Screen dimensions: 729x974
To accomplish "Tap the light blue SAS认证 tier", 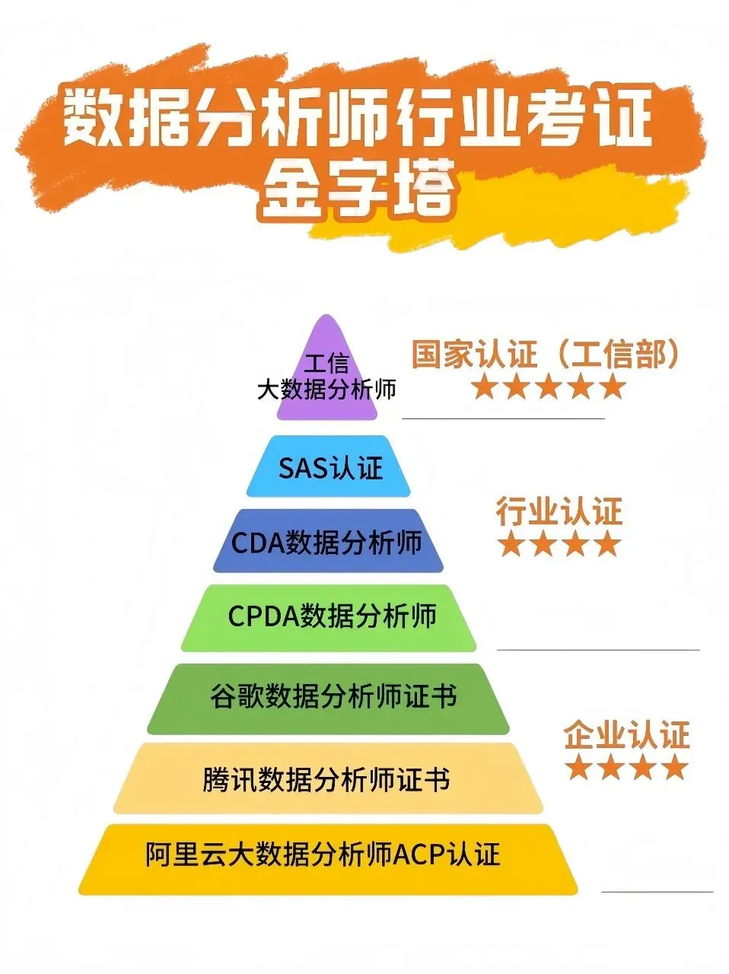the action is pyautogui.click(x=328, y=466).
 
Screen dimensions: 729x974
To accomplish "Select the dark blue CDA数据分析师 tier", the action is pyautogui.click(x=328, y=542).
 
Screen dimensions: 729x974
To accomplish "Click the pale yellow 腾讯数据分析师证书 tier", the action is pyautogui.click(x=328, y=779).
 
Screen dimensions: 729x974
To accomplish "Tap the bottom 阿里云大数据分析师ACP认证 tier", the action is pyautogui.click(x=328, y=857).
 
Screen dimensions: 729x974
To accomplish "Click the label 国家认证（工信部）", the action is pyautogui.click(x=544, y=355).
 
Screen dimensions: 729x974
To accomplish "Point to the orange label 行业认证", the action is pyautogui.click(x=559, y=511).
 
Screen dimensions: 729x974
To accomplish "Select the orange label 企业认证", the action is pyautogui.click(x=626, y=736).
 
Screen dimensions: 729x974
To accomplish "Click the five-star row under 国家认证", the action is pyautogui.click(x=547, y=388).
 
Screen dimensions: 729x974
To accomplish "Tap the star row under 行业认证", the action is pyautogui.click(x=559, y=545).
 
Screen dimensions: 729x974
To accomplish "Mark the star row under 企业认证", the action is pyautogui.click(x=626, y=768).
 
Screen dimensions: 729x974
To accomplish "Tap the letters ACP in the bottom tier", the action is pyautogui.click(x=419, y=855).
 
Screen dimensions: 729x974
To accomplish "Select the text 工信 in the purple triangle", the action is pyautogui.click(x=326, y=363).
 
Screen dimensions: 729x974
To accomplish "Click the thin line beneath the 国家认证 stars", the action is pyautogui.click(x=503, y=419).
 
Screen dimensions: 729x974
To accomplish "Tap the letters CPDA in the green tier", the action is pyautogui.click(x=263, y=616).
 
